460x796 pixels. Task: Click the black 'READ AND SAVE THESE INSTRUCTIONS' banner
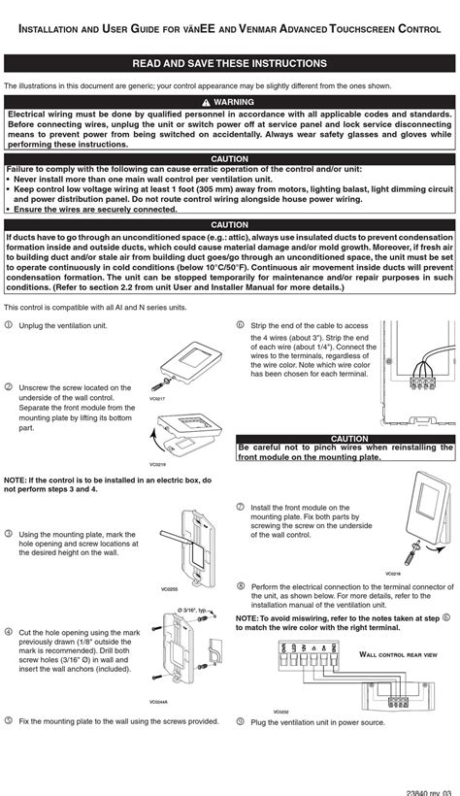pos(230,64)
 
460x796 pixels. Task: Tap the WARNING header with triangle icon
pos(230,101)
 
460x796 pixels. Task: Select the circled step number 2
pos(9,386)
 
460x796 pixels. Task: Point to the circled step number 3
pos(9,533)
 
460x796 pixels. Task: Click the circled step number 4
pos(9,631)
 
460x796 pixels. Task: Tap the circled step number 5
pos(9,720)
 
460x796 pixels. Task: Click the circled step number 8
pos(240,586)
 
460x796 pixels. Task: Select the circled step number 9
pos(240,721)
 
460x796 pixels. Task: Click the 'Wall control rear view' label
pos(399,655)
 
